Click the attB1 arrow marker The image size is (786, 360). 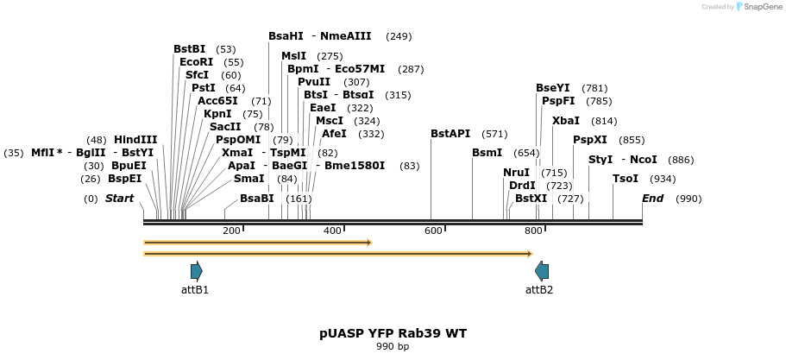coord(196,270)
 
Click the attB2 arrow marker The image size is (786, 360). coord(541,270)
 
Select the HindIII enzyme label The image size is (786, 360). coord(135,140)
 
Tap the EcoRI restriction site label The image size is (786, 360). coord(196,62)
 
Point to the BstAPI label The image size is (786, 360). coord(450,134)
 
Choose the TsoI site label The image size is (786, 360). coord(626,179)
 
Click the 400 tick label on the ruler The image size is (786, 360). coord(332,231)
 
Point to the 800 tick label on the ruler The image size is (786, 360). coord(533,231)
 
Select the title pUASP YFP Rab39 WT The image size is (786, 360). coord(393,333)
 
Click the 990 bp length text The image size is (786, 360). coord(393,347)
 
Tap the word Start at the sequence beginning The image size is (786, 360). coord(120,199)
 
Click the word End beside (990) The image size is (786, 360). coord(653,199)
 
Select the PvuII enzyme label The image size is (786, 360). coord(314,82)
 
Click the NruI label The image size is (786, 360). coord(516,173)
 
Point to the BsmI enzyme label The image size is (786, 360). coord(487,153)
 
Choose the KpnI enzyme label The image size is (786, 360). coord(217,114)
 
